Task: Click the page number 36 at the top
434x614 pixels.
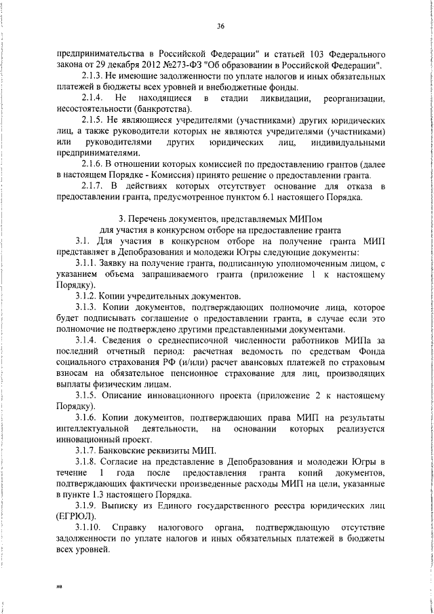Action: [x=220, y=26]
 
